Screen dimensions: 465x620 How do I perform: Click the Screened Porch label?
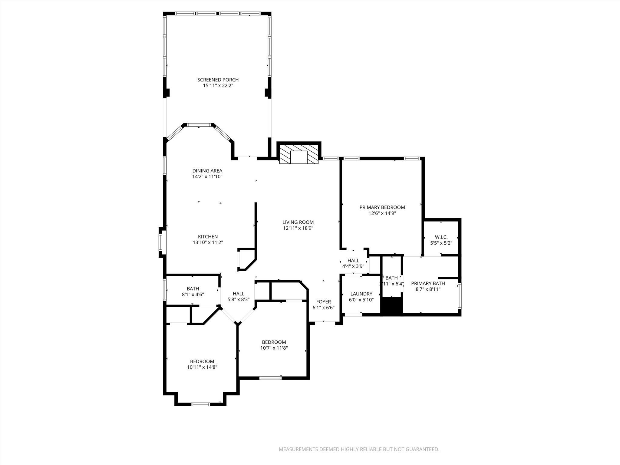pos(218,80)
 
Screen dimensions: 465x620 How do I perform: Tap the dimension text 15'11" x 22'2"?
pos(218,86)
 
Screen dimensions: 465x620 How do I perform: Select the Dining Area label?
pos(207,171)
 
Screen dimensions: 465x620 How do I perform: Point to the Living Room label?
pos(298,222)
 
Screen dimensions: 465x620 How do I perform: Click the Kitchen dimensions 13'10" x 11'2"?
pos(208,242)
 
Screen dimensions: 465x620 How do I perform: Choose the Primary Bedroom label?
pos(382,207)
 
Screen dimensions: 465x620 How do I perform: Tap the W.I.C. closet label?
pos(441,237)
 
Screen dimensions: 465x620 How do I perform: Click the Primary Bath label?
pos(428,283)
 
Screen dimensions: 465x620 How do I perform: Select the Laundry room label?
pos(361,294)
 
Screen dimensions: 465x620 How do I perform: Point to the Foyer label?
pos(323,302)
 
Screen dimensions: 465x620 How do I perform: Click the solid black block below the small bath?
pos(391,306)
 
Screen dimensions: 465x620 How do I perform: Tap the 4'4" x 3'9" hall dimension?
pos(353,266)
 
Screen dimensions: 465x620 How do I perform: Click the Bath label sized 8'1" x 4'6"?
pos(193,289)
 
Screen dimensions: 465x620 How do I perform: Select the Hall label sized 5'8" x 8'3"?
pos(238,294)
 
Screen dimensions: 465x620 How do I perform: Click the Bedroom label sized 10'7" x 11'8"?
pos(274,342)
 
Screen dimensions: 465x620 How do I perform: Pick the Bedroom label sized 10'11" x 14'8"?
pos(202,361)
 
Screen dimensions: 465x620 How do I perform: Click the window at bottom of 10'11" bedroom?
pos(201,404)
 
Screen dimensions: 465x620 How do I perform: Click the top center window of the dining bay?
pos(199,125)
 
